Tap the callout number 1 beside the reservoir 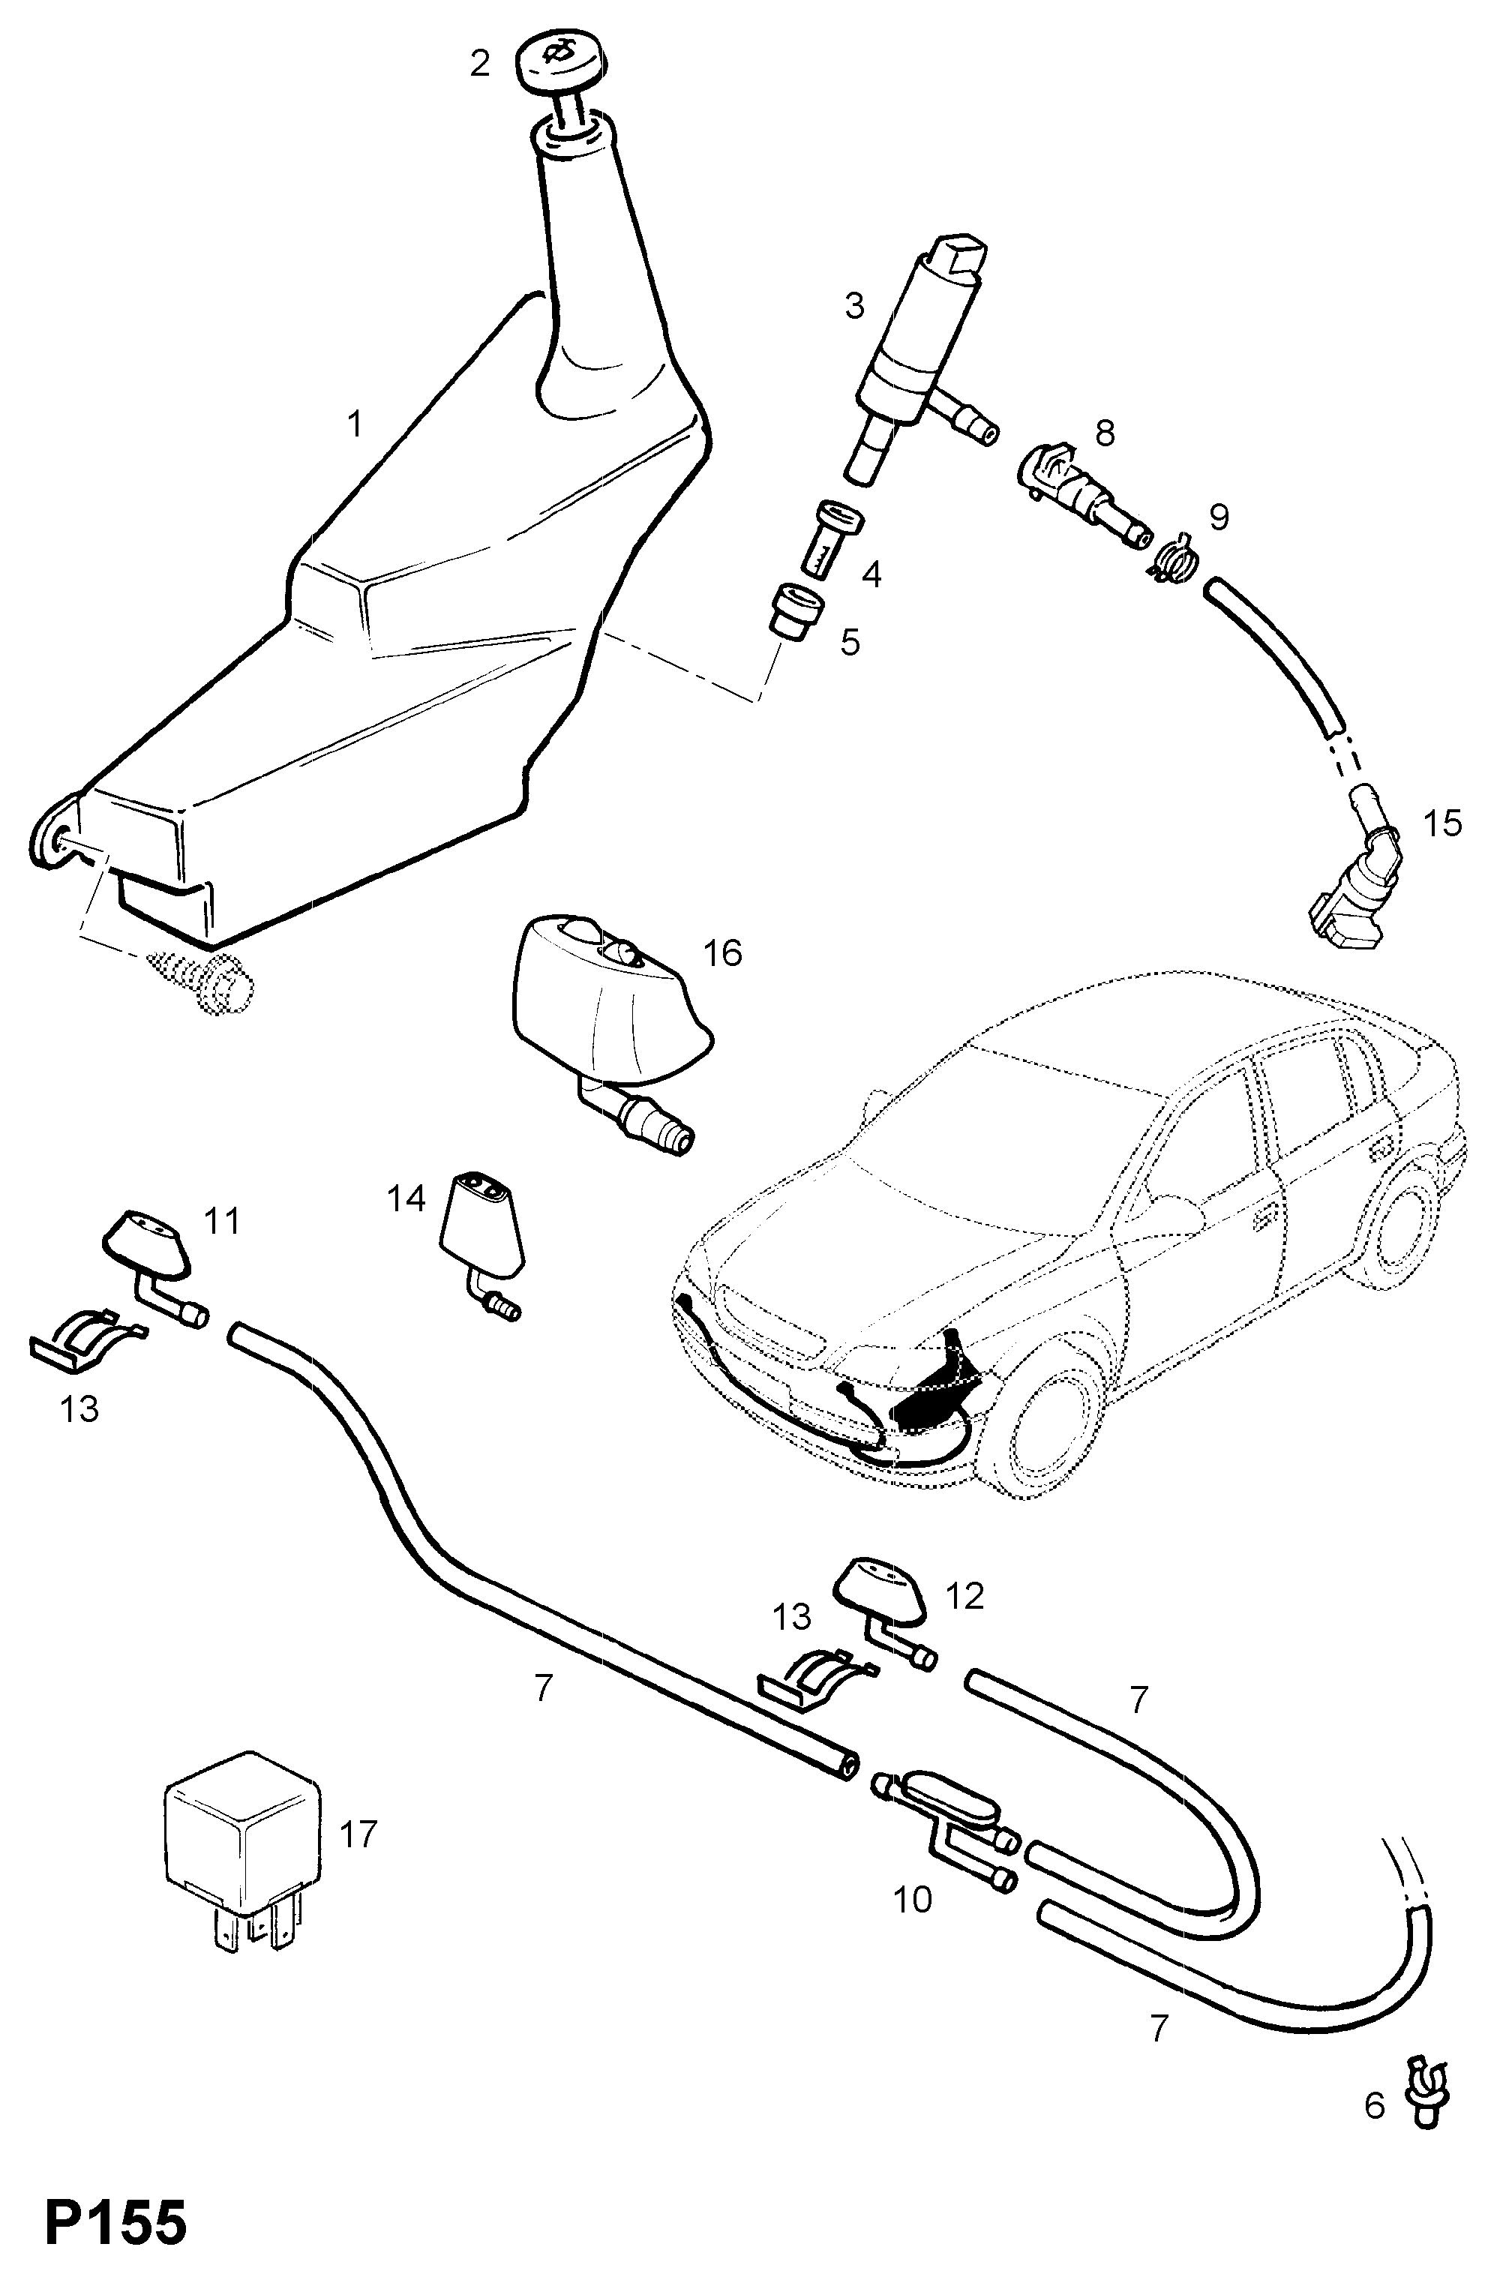(x=355, y=423)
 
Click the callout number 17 (x=359, y=1834)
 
